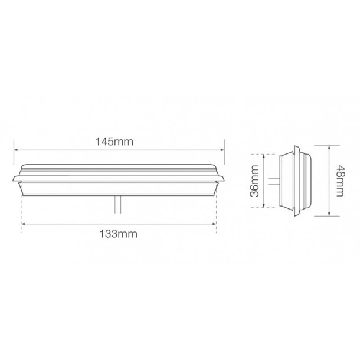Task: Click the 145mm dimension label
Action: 119,142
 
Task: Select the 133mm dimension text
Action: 119,233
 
